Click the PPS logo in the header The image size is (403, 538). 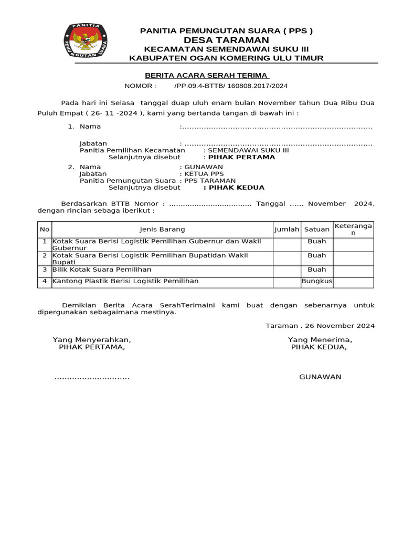(85, 42)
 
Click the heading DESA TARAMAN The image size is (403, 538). (226, 40)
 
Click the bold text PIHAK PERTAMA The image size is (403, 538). (241, 157)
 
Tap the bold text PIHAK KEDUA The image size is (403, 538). (236, 188)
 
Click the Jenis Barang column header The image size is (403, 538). (162, 229)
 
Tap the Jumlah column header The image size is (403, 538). (287, 229)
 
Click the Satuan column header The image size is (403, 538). (317, 229)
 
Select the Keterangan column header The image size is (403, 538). (353, 229)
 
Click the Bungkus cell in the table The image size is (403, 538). (317, 282)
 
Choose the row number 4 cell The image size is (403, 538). (45, 282)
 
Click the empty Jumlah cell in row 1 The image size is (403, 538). (287, 245)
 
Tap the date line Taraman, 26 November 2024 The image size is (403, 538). (320, 326)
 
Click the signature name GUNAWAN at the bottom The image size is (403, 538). (320, 377)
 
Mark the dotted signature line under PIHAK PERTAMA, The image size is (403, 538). (92, 378)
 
